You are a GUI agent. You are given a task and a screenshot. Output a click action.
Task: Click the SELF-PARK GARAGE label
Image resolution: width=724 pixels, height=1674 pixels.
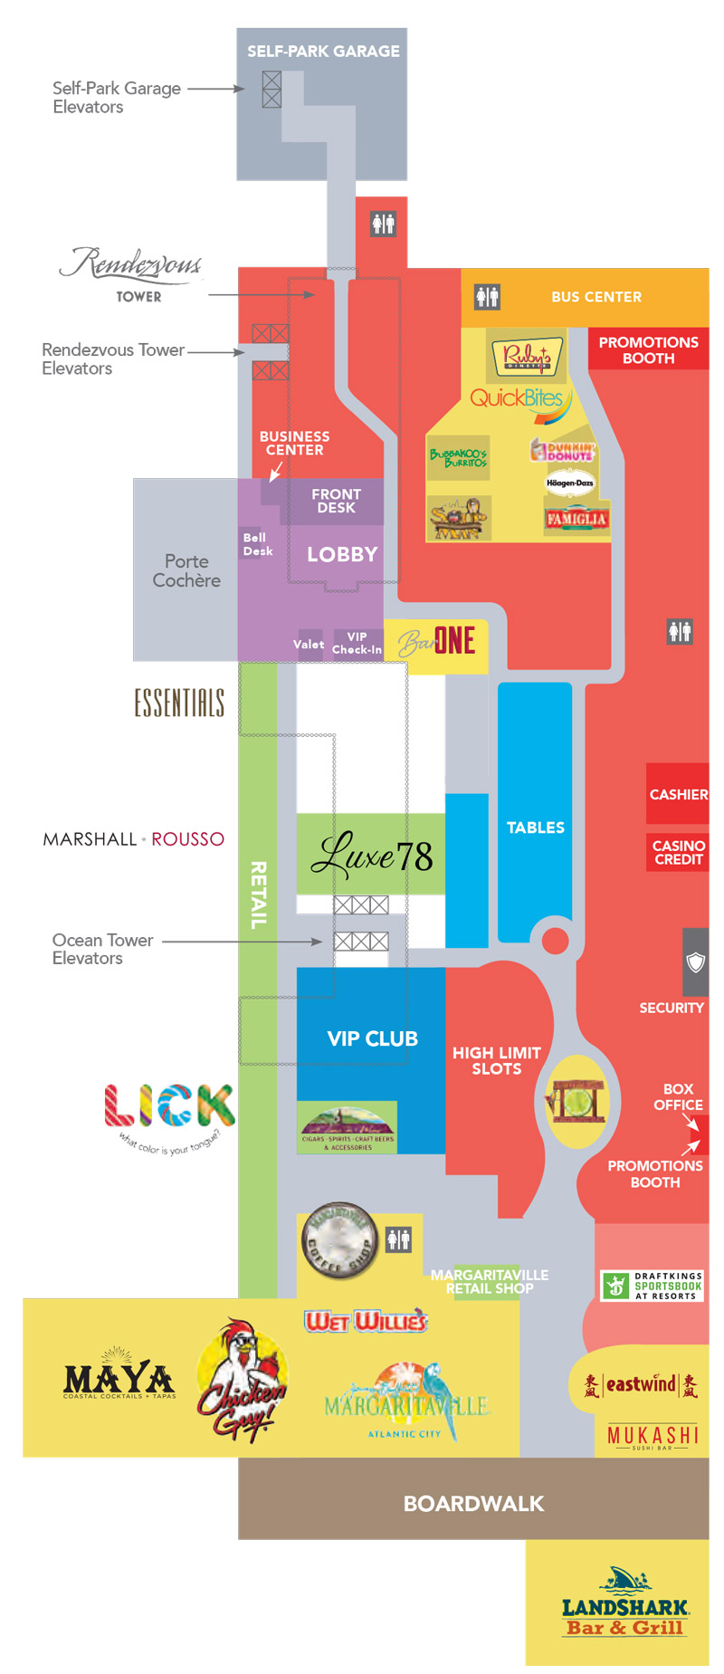[x=323, y=52]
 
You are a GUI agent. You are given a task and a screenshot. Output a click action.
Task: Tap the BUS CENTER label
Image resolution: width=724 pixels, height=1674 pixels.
[x=595, y=297]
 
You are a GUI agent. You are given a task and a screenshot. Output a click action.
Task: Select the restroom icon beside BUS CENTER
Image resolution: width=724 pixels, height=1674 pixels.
[x=487, y=296]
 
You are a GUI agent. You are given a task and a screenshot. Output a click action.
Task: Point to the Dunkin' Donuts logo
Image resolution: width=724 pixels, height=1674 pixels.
[x=563, y=450]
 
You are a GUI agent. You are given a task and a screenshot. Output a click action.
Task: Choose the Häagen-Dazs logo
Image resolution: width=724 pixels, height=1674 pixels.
[x=569, y=483]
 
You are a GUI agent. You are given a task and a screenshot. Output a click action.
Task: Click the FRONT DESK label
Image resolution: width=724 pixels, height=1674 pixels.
[x=336, y=501]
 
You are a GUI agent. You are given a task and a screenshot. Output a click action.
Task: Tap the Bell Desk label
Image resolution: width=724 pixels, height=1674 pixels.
[x=257, y=544]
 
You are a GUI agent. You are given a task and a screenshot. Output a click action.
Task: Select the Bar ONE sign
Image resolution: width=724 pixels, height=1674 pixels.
[x=437, y=642]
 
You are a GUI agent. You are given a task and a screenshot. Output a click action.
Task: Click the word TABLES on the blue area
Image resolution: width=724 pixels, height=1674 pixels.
[x=535, y=827]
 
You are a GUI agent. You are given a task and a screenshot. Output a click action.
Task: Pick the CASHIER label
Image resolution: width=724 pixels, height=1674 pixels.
[x=678, y=794]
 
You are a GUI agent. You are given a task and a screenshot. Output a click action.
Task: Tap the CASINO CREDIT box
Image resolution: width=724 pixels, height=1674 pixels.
[x=678, y=852]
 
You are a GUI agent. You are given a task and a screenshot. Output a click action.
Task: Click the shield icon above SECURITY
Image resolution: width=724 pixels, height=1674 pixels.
[x=695, y=961]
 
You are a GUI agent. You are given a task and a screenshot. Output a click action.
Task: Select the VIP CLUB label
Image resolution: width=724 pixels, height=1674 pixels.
[x=372, y=1038]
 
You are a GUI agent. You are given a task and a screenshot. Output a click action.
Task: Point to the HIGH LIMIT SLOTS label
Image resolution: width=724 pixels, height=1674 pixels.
[x=496, y=1060]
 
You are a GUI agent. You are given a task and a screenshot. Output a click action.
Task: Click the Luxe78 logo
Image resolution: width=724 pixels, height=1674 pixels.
[x=372, y=855]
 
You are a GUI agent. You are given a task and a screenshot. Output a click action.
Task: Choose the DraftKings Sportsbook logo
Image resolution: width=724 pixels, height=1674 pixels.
[x=652, y=1285]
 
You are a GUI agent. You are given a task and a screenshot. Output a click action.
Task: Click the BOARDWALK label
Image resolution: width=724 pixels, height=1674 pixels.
[x=473, y=1503]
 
